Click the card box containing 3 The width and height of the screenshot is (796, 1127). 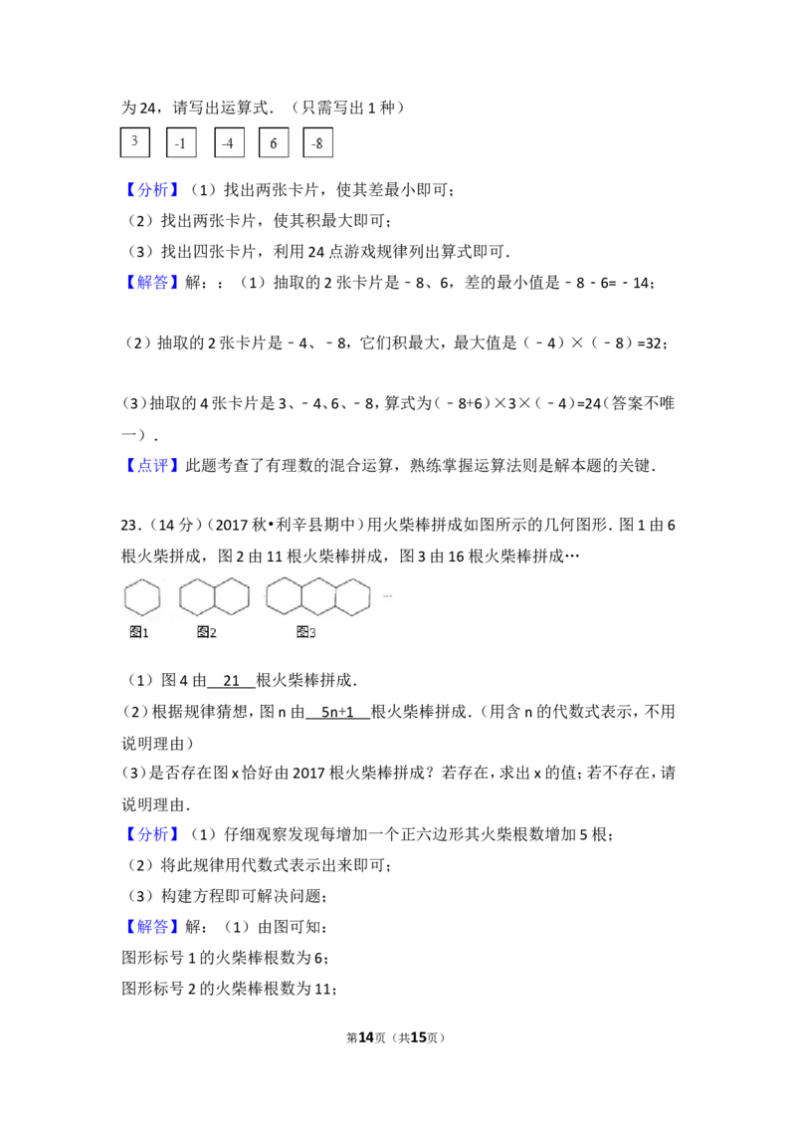click(x=134, y=141)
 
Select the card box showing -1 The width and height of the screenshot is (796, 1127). click(x=180, y=142)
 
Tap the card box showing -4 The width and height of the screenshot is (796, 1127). click(x=229, y=142)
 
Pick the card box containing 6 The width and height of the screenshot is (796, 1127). click(x=274, y=142)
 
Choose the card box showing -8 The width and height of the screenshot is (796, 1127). click(x=317, y=142)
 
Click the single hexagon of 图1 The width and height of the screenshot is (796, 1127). click(x=125, y=598)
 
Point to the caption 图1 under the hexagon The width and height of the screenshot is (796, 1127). click(x=138, y=632)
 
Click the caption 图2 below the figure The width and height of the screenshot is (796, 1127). click(x=206, y=632)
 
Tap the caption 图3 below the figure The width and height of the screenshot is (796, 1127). click(x=306, y=632)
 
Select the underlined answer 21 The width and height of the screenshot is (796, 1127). click(x=231, y=681)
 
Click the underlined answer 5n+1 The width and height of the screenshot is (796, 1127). click(x=337, y=712)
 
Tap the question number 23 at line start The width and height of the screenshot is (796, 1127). click(x=129, y=526)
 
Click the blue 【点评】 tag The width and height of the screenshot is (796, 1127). click(x=151, y=466)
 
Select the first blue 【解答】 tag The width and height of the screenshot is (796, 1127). click(x=151, y=283)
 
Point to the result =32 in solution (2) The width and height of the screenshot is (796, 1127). click(x=649, y=343)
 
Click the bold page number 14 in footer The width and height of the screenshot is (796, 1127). click(x=366, y=1037)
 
